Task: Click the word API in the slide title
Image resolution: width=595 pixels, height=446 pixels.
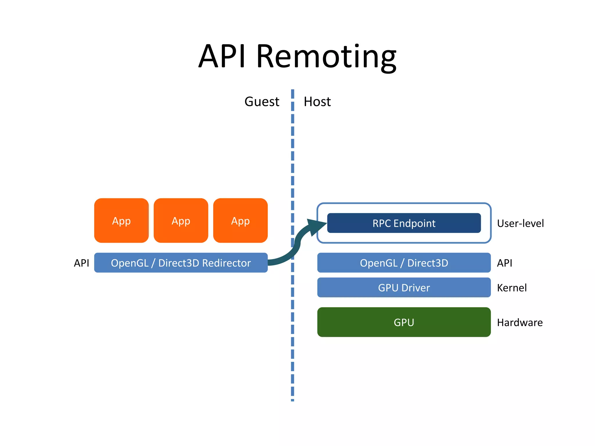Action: pyautogui.click(x=222, y=57)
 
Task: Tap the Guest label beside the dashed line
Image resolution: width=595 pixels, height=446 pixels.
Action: pyautogui.click(x=262, y=102)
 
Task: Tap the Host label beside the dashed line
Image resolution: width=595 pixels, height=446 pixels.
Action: pyautogui.click(x=317, y=102)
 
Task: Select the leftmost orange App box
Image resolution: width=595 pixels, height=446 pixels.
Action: pyautogui.click(x=121, y=221)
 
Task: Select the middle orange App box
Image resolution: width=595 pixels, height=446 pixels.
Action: pyautogui.click(x=181, y=221)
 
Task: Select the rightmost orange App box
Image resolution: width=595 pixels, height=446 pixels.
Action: pyautogui.click(x=240, y=221)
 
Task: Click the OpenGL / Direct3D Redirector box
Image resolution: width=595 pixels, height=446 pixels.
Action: pyautogui.click(x=181, y=263)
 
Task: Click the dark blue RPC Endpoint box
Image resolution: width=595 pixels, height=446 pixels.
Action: pyautogui.click(x=404, y=223)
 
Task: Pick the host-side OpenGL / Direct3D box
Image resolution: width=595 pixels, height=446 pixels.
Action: pyautogui.click(x=404, y=263)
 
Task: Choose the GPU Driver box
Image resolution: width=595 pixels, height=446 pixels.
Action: pyautogui.click(x=404, y=287)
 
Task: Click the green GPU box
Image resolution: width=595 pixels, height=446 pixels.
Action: pyautogui.click(x=404, y=322)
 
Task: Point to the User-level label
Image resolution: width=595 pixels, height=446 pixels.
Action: pyautogui.click(x=520, y=223)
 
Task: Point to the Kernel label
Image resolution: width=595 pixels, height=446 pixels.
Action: pyautogui.click(x=512, y=288)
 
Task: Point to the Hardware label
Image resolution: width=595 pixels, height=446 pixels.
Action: pyautogui.click(x=520, y=323)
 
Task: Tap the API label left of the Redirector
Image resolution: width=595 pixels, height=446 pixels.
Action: pyautogui.click(x=81, y=263)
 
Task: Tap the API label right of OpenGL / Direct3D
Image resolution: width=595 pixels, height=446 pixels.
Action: pyautogui.click(x=505, y=263)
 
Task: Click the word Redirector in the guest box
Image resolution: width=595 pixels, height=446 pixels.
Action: pyautogui.click(x=226, y=263)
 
